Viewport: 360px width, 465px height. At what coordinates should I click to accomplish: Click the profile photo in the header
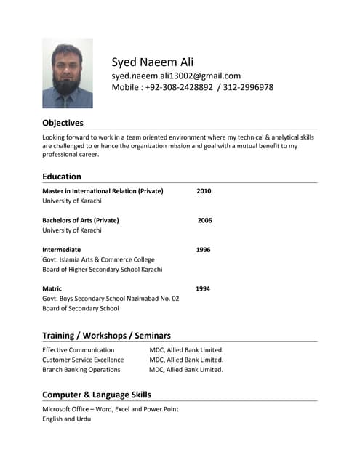[68, 73]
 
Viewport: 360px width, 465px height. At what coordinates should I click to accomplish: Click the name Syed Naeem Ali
[153, 62]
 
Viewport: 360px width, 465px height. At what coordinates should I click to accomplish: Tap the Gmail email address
[176, 76]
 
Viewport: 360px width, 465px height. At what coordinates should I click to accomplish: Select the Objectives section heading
[63, 123]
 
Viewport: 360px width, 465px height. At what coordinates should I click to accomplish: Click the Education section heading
[62, 176]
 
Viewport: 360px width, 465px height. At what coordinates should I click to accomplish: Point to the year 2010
[204, 191]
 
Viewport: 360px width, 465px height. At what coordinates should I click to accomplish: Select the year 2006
[204, 220]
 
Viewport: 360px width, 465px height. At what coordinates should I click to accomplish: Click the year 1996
[203, 250]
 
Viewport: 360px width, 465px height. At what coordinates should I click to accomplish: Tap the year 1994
[203, 288]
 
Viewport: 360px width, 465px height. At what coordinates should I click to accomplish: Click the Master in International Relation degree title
[103, 191]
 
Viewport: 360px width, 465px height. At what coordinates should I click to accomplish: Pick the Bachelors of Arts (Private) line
[81, 220]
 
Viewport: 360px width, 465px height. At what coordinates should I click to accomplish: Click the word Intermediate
[62, 250]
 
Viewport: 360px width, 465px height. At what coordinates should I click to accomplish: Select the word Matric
[52, 288]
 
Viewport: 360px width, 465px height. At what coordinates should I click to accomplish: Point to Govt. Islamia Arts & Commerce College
[98, 259]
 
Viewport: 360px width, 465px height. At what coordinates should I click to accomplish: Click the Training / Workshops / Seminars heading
[106, 336]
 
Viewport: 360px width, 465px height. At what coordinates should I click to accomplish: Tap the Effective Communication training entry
[79, 349]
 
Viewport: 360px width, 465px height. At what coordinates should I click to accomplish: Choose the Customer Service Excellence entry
[83, 360]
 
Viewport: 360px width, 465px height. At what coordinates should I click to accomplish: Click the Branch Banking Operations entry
[81, 369]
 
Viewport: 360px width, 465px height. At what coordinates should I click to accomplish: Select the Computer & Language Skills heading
[97, 395]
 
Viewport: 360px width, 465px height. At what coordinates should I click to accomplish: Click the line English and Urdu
[67, 418]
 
